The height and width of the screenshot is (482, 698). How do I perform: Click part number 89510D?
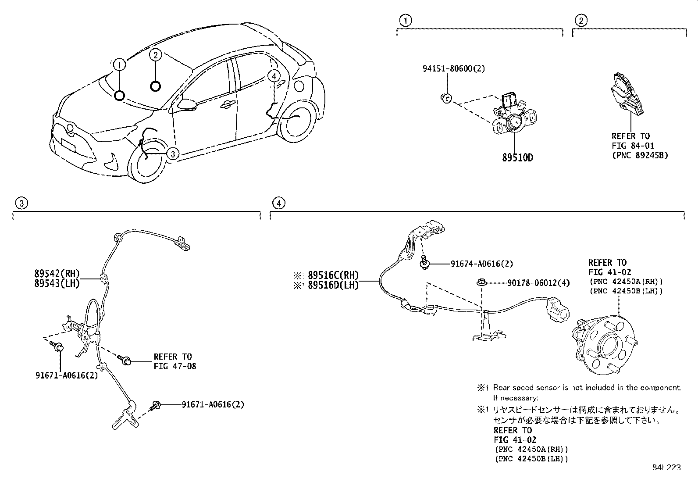pos(517,157)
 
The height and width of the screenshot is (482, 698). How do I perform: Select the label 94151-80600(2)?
pos(454,68)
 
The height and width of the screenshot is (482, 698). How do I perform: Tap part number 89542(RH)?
pos(57,273)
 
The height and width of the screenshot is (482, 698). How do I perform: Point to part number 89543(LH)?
pos(57,283)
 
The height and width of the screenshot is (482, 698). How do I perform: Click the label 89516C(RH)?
pos(333,275)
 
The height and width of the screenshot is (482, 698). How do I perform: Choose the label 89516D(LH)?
pos(333,285)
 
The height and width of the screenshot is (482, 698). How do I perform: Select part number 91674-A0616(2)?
pos(481,264)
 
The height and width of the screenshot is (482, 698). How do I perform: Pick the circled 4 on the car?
pos(274,76)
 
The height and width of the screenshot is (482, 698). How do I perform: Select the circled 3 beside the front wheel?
pos(173,154)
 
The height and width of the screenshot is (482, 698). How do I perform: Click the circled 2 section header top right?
pos(580,20)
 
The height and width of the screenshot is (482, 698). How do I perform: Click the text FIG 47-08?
pos(174,366)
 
